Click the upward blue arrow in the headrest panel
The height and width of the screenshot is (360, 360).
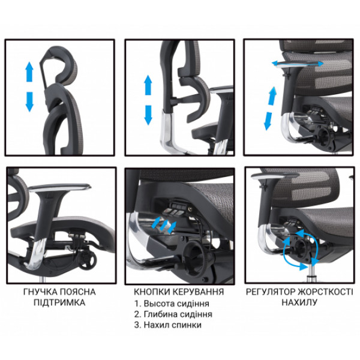(x=29, y=71)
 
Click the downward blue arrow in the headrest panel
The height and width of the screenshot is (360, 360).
(x=29, y=102)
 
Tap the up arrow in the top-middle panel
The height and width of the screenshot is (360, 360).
(x=148, y=85)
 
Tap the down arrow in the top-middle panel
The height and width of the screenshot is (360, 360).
(x=148, y=115)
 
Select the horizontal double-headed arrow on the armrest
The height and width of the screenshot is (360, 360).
(x=298, y=64)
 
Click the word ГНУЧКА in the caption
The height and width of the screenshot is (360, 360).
(x=40, y=292)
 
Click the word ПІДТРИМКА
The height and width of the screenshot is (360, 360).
(x=59, y=302)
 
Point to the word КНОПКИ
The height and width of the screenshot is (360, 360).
(x=152, y=292)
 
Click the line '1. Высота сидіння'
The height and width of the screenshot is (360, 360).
(x=172, y=304)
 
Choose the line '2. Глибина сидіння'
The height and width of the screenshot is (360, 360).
(x=173, y=314)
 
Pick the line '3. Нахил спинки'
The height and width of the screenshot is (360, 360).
(x=168, y=325)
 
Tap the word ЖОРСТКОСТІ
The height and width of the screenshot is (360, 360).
(x=325, y=292)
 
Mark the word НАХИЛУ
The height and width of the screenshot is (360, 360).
(x=299, y=302)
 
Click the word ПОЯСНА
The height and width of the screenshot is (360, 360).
(x=77, y=292)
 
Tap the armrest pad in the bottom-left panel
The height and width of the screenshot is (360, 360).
(x=60, y=187)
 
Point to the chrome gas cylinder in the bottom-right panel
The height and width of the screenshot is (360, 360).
(x=311, y=272)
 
